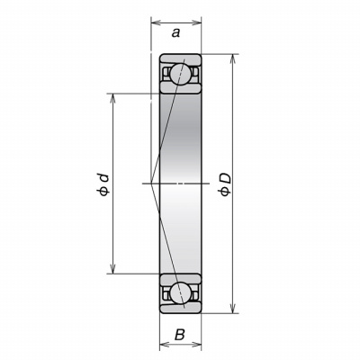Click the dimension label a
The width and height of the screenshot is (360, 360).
pos(175,32)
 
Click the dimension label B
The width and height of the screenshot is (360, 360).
pos(179,335)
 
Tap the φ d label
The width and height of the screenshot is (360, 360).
pos(103,184)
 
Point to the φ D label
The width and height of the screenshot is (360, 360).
pos(226,184)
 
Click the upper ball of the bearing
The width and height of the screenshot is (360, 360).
pos(180,74)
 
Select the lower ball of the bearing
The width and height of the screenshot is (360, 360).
pos(180,293)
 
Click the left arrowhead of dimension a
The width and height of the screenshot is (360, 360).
pos(155,22)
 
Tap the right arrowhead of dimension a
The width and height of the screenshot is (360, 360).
pos(196,22)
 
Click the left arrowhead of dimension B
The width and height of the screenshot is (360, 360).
pos(164,344)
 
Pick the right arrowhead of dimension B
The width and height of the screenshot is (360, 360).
pos(196,344)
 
